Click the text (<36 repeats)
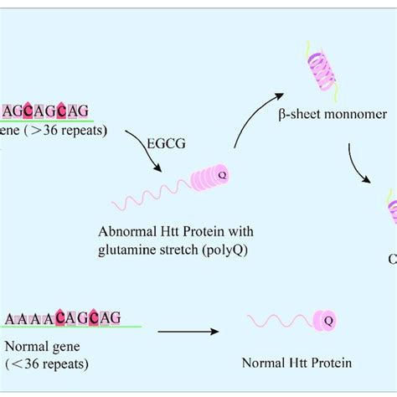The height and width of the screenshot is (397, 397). click(x=48, y=363)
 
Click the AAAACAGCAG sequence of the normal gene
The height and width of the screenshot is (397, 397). click(x=64, y=317)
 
